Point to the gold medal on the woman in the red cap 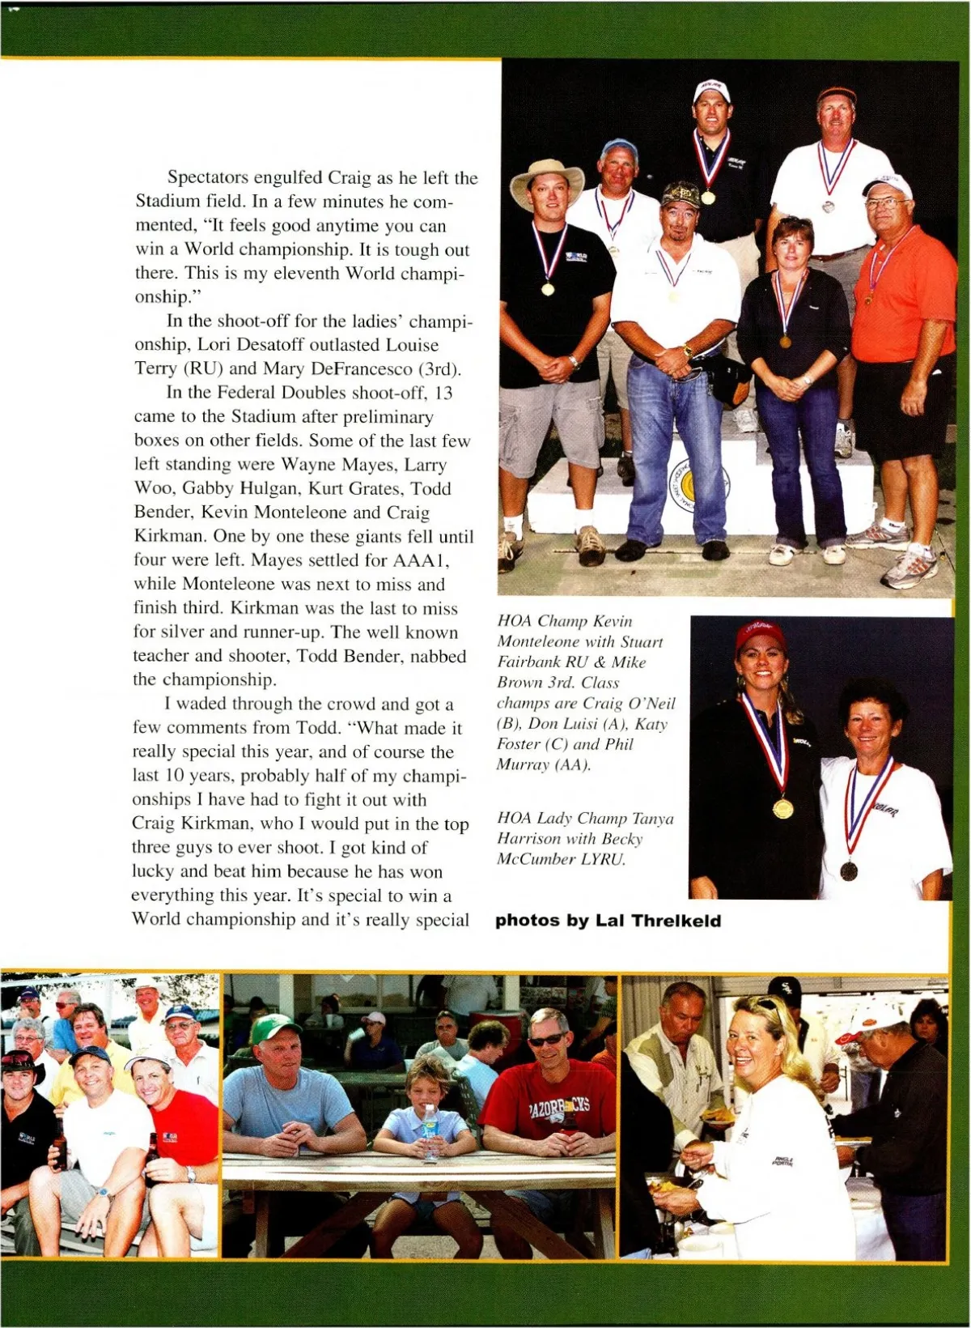(782, 807)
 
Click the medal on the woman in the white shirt (849, 870)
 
